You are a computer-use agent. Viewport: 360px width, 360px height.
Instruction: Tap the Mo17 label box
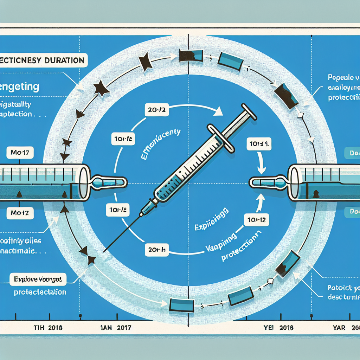(18, 154)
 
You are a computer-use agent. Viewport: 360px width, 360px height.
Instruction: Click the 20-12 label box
(155, 110)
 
